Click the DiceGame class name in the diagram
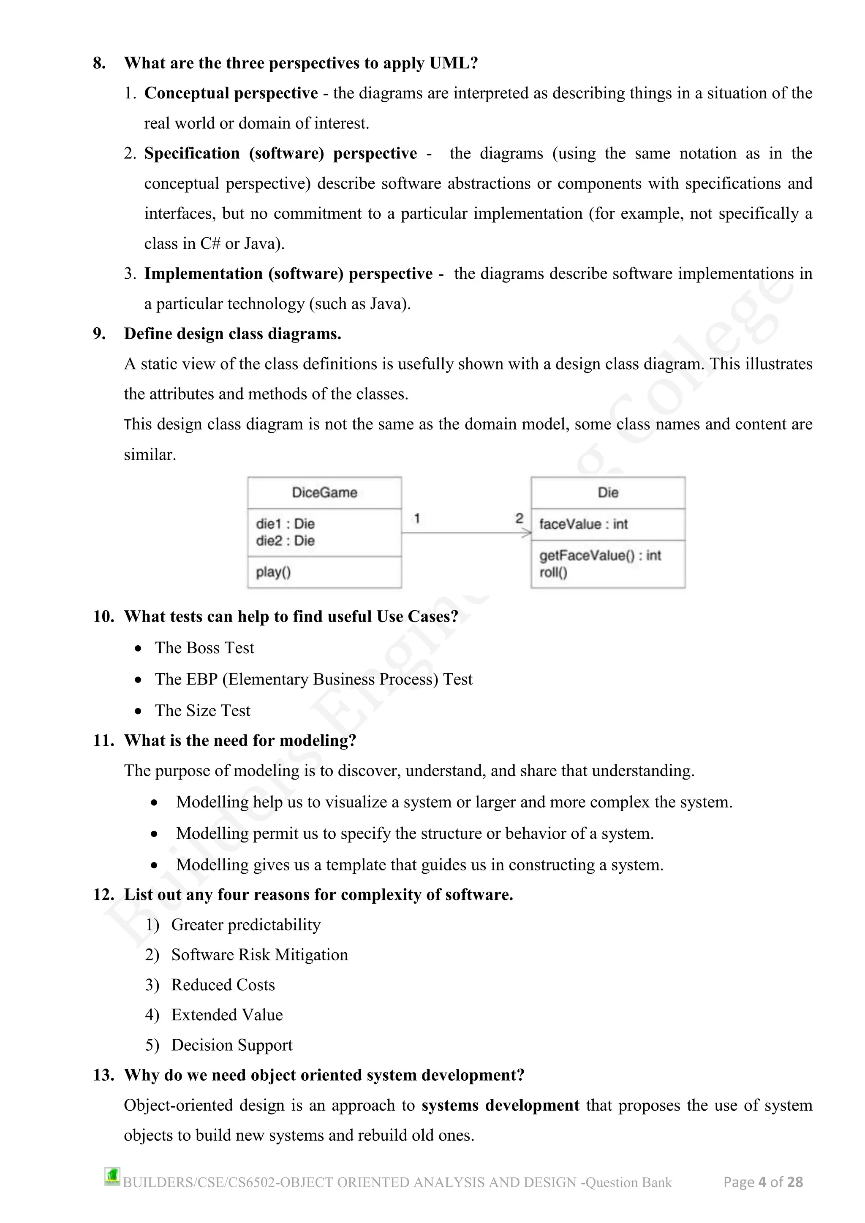324,492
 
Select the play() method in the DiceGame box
273,572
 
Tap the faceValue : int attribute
583,524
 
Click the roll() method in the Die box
553,573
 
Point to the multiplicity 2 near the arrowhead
520,518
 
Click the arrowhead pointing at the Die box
526,533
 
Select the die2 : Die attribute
285,541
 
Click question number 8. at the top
99,63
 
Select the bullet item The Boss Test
204,648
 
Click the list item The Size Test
202,711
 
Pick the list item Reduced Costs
223,985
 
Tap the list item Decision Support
232,1045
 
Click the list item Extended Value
226,1015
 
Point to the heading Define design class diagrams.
232,334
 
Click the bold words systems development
500,1105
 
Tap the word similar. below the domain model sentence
150,455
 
